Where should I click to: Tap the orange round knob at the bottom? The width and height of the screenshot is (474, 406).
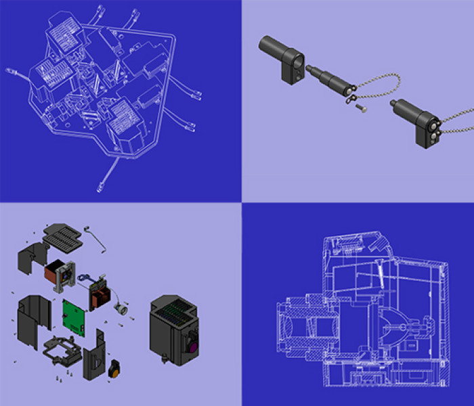[116, 368]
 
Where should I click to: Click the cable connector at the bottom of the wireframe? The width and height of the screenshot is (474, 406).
[103, 183]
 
